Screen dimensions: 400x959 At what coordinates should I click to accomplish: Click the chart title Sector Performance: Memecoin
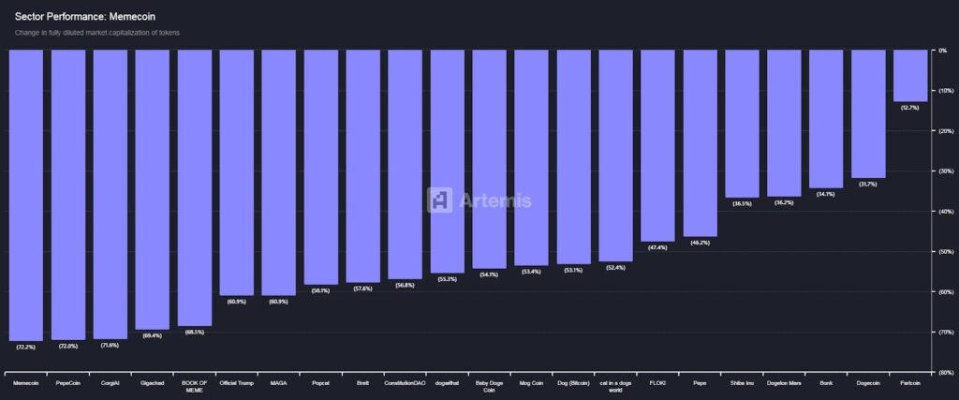click(72, 17)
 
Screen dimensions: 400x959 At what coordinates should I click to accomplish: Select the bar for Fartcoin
click(910, 75)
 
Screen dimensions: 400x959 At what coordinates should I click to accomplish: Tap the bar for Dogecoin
click(868, 112)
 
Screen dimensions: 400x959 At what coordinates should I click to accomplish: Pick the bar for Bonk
click(826, 118)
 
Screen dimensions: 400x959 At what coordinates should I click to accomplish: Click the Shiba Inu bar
click(742, 123)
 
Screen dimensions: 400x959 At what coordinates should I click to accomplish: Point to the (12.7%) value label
click(909, 108)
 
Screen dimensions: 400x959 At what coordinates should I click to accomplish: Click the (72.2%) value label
click(26, 347)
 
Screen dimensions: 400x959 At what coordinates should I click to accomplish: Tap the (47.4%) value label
click(657, 247)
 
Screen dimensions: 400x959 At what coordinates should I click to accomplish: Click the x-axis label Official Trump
click(236, 382)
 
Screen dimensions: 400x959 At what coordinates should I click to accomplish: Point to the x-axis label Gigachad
click(152, 382)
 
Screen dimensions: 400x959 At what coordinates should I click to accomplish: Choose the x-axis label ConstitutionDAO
click(405, 382)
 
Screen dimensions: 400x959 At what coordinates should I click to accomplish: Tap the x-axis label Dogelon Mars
click(784, 382)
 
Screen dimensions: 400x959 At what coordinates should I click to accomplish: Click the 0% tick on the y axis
click(942, 51)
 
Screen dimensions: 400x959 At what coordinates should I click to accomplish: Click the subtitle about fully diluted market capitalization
click(96, 33)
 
